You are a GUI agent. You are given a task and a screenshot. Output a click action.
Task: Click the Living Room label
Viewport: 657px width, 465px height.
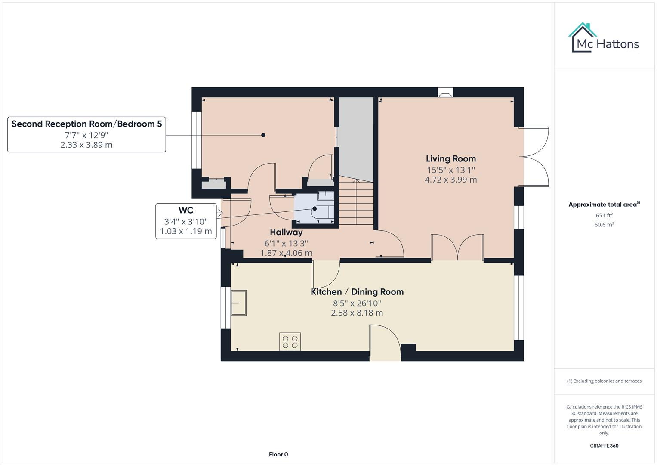[x=450, y=159]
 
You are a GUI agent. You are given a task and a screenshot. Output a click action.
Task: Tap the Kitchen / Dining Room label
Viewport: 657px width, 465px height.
[x=357, y=292]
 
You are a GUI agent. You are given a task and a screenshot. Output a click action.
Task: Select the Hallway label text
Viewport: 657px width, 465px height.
[x=286, y=232]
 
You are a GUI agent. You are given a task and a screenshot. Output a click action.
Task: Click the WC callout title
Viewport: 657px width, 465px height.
[x=186, y=211]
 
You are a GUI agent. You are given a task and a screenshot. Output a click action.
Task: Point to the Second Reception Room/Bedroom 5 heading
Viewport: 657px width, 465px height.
[x=86, y=124]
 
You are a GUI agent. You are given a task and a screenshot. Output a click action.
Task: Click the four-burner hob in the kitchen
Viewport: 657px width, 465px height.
[x=290, y=342]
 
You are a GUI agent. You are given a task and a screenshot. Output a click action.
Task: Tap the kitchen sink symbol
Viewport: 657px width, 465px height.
[x=238, y=303]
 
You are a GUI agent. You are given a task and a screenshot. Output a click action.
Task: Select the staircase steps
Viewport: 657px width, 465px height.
[x=356, y=202]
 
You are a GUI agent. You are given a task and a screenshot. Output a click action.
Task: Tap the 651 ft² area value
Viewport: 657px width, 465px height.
[x=604, y=215]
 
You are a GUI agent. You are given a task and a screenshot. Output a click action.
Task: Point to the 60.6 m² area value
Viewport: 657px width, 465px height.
[x=604, y=225]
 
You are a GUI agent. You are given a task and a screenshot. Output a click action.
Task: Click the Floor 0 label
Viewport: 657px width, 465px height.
[x=278, y=454]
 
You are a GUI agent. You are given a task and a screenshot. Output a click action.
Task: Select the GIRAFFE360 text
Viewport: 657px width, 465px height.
[x=604, y=446]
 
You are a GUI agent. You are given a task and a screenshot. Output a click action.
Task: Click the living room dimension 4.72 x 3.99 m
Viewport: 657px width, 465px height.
[x=450, y=180]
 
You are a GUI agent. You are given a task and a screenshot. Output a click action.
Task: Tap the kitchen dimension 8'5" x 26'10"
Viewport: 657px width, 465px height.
[x=357, y=303]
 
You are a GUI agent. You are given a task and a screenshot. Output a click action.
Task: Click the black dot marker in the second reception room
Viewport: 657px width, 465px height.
[x=263, y=135]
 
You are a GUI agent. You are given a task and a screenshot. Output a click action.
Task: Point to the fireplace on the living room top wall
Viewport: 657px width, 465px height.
[x=445, y=93]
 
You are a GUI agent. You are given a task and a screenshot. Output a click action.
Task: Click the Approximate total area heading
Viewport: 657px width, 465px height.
[x=604, y=205]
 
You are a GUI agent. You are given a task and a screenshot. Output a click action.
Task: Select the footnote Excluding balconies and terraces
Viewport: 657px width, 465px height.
[x=604, y=381]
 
